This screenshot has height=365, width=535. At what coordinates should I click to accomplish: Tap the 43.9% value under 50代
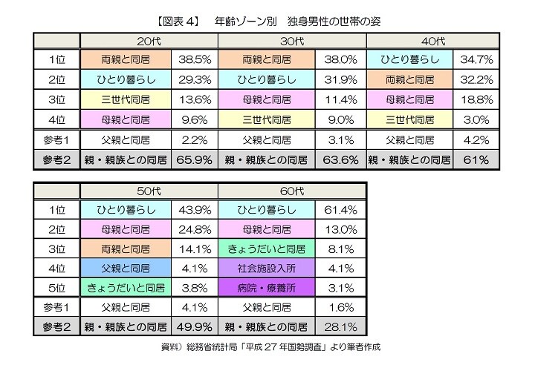pos(193,210)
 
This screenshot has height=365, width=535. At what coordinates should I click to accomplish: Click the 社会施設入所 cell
pos(269,267)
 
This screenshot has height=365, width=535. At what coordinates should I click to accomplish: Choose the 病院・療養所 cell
pos(269,286)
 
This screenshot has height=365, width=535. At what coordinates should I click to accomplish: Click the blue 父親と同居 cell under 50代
pos(125,267)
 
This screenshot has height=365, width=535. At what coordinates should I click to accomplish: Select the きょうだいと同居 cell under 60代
pos(269,249)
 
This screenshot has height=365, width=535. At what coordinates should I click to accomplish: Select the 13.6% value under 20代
pos(193,99)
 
